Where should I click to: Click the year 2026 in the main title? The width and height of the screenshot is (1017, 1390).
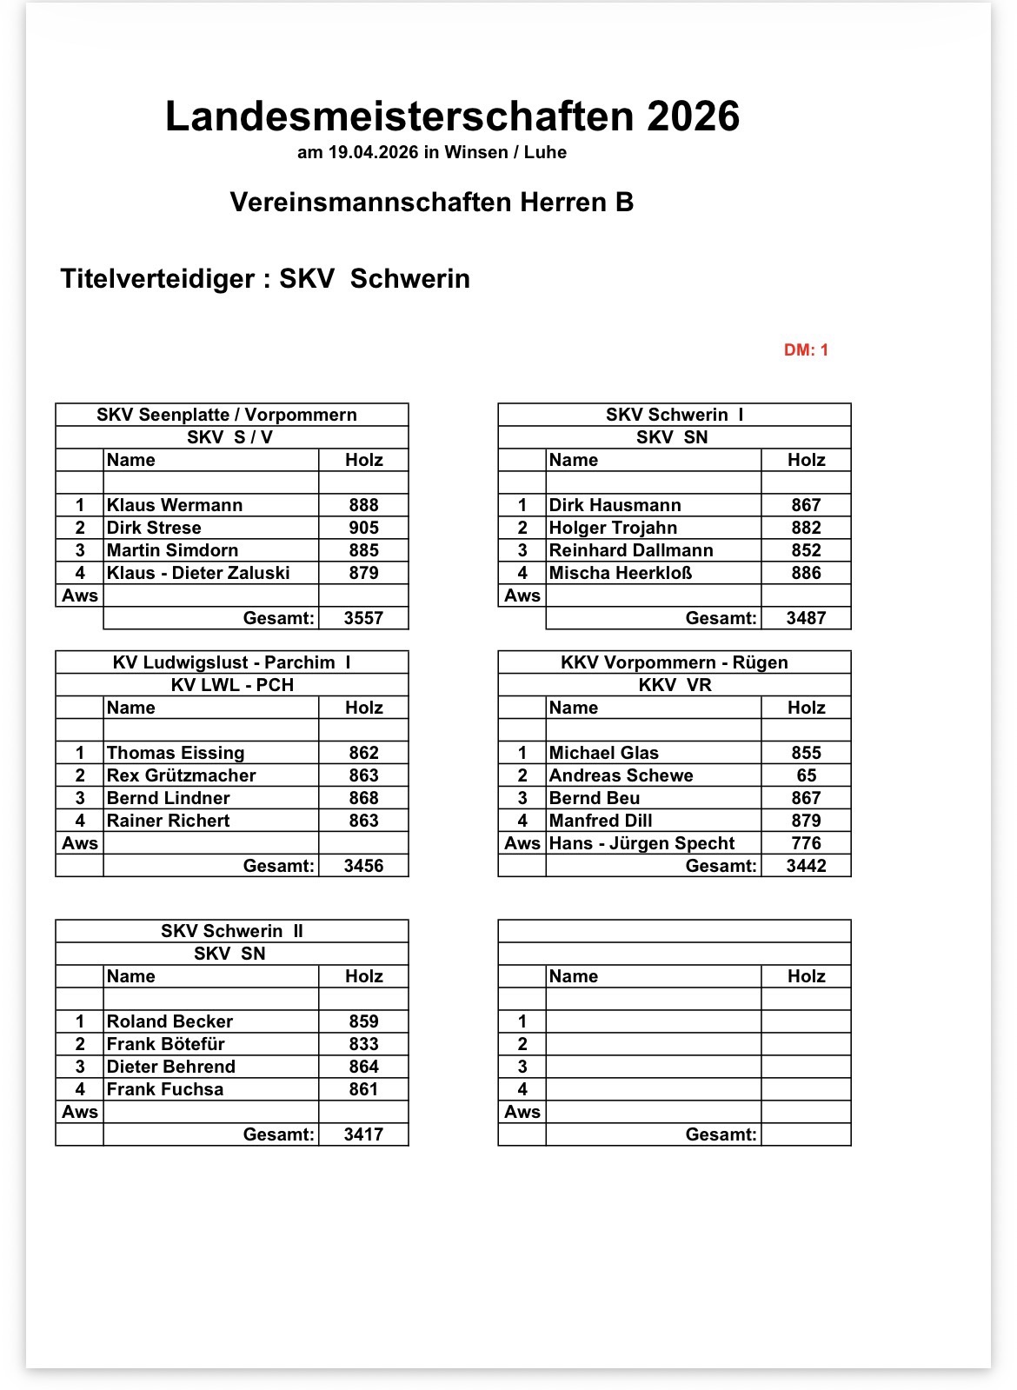click(x=693, y=116)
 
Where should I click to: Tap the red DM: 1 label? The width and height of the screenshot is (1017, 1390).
click(x=806, y=350)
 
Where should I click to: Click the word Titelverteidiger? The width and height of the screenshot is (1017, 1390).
click(x=157, y=279)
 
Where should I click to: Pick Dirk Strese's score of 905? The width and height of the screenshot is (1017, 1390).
click(x=363, y=528)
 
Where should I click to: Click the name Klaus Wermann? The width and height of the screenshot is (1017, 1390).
click(x=175, y=505)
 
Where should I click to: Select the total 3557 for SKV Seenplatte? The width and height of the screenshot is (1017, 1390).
click(x=363, y=618)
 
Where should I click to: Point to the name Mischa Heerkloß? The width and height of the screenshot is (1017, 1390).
click(x=621, y=573)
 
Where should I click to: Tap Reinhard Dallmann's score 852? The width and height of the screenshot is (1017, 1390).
click(x=806, y=550)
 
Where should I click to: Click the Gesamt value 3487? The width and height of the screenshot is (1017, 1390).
click(x=806, y=618)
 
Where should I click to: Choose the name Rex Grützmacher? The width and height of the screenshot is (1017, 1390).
click(x=182, y=775)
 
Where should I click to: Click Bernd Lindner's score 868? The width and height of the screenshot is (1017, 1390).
click(x=363, y=798)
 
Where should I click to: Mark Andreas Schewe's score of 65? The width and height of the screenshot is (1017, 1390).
click(x=806, y=775)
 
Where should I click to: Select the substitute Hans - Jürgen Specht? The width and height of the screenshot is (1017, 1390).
click(x=641, y=843)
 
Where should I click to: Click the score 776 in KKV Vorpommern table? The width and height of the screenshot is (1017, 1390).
click(x=806, y=843)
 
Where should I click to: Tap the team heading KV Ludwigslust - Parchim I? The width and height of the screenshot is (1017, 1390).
click(x=231, y=662)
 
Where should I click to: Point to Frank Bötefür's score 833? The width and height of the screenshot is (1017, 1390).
click(x=363, y=1044)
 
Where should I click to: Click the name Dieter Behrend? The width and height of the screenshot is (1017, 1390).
click(x=171, y=1067)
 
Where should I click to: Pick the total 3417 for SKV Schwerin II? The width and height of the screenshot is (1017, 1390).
click(x=363, y=1134)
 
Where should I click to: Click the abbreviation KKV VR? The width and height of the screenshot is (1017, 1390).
click(x=675, y=685)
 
